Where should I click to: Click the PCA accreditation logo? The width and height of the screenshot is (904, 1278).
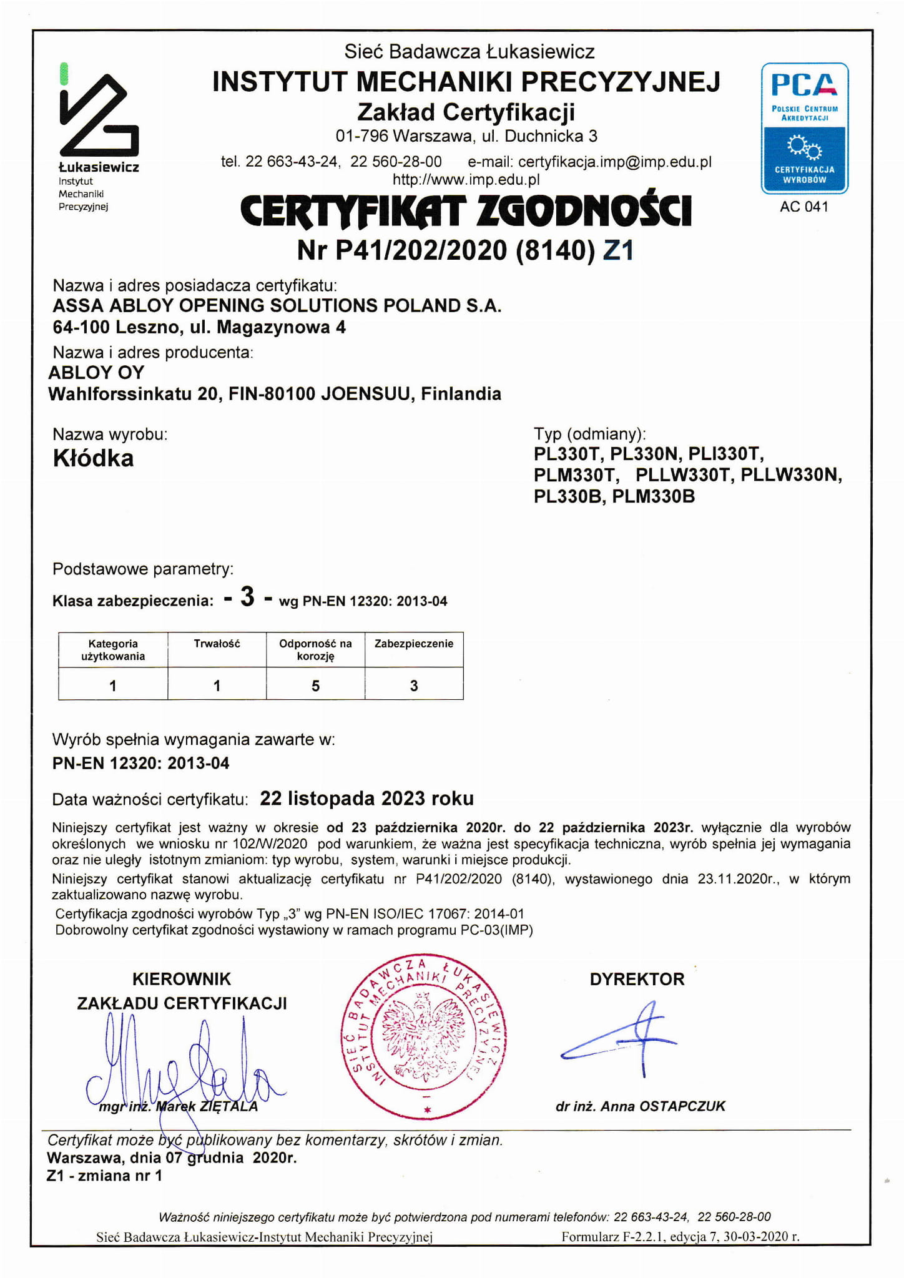(x=804, y=128)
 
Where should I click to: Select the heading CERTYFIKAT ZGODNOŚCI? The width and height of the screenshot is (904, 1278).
(x=466, y=211)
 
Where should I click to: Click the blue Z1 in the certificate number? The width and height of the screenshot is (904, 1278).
(x=619, y=250)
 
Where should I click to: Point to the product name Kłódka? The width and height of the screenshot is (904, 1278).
(x=93, y=458)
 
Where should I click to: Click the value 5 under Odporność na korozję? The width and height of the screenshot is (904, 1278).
(x=315, y=686)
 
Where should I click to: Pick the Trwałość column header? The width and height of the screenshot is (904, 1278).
(x=217, y=644)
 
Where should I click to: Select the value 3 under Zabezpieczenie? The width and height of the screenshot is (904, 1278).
(x=414, y=686)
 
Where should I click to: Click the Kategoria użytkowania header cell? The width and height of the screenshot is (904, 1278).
(x=113, y=649)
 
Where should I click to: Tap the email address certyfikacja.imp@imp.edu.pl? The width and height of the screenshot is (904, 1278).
(x=614, y=162)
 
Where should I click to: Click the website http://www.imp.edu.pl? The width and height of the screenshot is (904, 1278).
(x=466, y=180)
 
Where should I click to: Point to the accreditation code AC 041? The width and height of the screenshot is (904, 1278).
(x=804, y=207)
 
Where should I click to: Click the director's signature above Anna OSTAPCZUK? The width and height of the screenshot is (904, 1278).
(x=624, y=1040)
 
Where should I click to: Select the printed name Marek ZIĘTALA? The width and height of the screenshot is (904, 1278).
(x=206, y=1106)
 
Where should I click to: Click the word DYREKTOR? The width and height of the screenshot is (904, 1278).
(x=637, y=979)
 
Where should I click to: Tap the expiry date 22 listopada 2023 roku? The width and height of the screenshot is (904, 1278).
(x=366, y=799)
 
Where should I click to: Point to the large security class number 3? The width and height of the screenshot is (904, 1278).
(x=247, y=597)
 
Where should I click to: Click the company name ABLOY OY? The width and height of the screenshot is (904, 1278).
(x=96, y=372)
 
